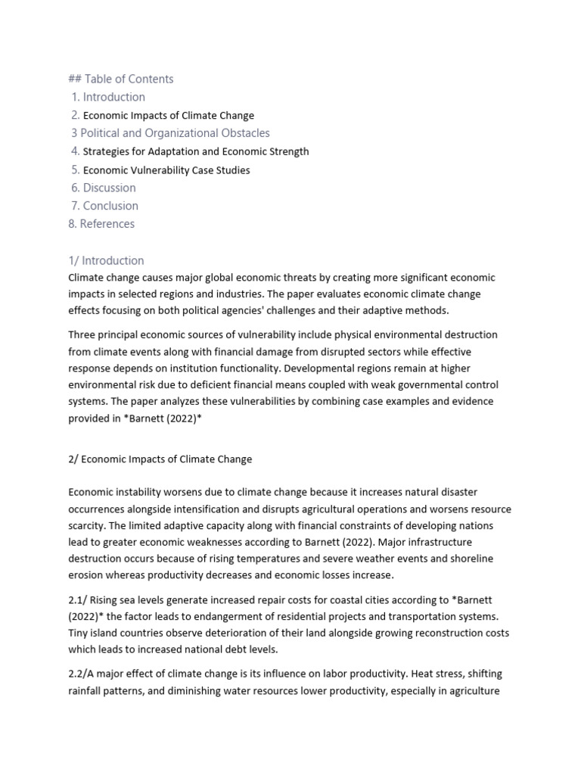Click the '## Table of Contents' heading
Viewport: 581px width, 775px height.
tap(121, 79)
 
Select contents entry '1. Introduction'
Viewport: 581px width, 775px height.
tap(108, 97)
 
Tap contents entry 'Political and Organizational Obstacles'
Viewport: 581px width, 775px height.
tap(170, 133)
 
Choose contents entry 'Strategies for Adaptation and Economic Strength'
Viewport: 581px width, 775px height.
tap(195, 151)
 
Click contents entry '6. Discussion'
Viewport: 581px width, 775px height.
tap(104, 188)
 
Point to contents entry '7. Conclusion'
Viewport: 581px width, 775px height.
tap(104, 206)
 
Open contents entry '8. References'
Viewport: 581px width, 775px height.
tap(101, 224)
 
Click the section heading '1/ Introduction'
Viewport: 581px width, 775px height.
tap(106, 260)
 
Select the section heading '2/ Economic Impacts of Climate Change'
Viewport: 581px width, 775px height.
tap(160, 459)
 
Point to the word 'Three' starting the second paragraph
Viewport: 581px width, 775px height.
tap(82, 335)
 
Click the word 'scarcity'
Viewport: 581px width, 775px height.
tap(88, 525)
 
